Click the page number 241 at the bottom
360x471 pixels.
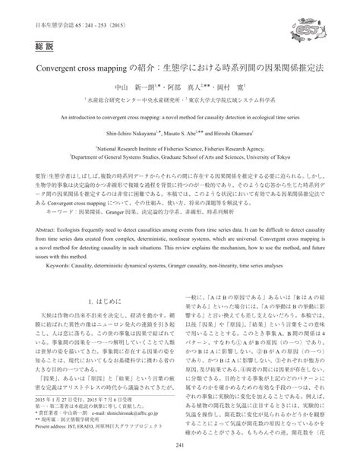[180, 455]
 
